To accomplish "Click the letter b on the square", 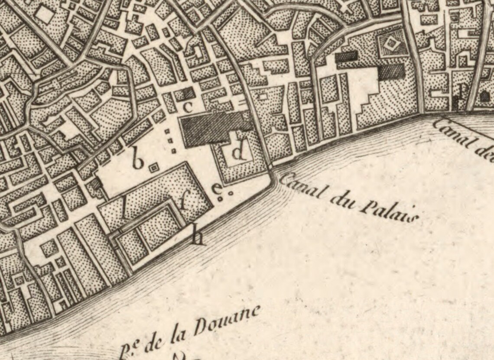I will pos(137,160).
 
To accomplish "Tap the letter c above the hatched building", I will pos(188,107).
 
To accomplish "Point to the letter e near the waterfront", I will pos(216,189).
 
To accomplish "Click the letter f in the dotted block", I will pos(184,202).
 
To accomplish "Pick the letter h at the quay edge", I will pos(198,237).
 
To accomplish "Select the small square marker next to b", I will pos(153,166).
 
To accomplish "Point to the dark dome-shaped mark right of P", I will pos(484,97).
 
